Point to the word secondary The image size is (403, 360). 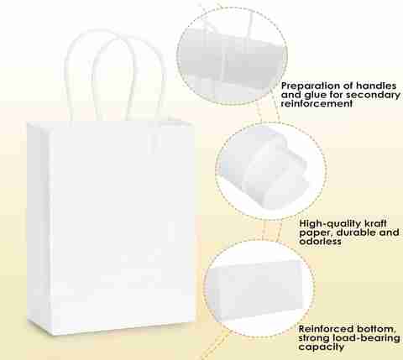373,95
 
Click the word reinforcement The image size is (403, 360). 317,104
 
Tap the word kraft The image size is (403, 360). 375,223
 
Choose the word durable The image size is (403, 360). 356,232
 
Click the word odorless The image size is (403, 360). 320,242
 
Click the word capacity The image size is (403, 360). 322,347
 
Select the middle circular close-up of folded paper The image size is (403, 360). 271,170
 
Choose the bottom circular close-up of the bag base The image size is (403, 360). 259,288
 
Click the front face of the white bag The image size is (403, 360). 122,227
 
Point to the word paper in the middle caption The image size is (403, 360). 316,233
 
